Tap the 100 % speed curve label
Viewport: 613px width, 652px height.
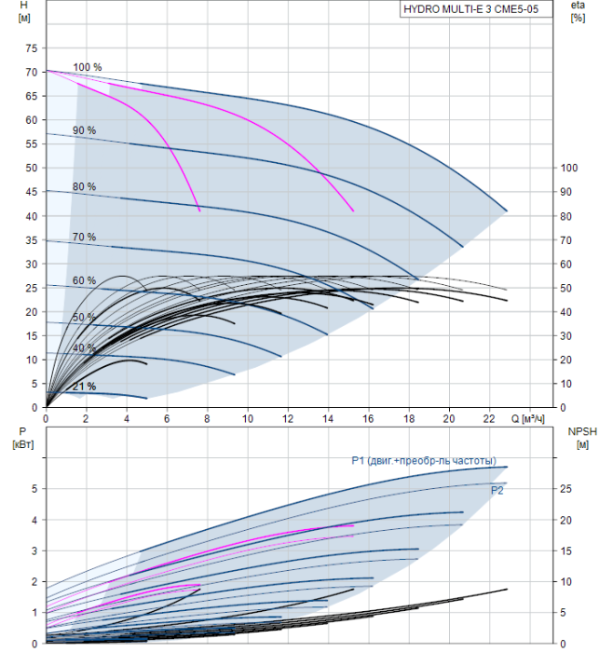[x=87, y=67]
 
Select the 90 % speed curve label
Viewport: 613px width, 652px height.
[x=84, y=130]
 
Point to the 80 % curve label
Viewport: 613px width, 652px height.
[x=84, y=187]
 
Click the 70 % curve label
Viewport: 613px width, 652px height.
[x=84, y=238]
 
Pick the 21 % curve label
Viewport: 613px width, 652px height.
[x=85, y=387]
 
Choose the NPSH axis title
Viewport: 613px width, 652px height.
[x=579, y=437]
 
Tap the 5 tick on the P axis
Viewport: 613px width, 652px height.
[x=34, y=488]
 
